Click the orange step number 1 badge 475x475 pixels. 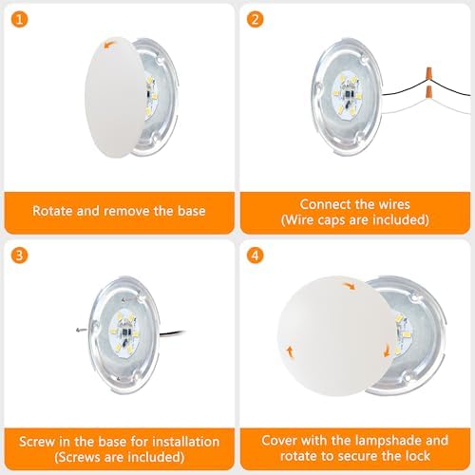[19, 19]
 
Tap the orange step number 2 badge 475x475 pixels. [255, 19]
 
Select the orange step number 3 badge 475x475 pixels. [19, 256]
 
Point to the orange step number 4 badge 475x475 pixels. [255, 256]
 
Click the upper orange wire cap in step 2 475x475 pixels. [429, 73]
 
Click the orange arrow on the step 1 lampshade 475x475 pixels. [109, 45]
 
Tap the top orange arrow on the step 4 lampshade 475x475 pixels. [350, 286]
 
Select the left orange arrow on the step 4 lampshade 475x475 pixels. [290, 351]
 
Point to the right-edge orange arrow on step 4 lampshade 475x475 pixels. [387, 351]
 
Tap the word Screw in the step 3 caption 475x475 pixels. [37, 442]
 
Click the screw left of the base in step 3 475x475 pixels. [82, 331]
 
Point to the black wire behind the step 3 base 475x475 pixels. [173, 333]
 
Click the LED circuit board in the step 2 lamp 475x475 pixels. [347, 95]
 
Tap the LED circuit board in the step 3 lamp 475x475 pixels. [124, 333]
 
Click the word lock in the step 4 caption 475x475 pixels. [417, 456]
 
